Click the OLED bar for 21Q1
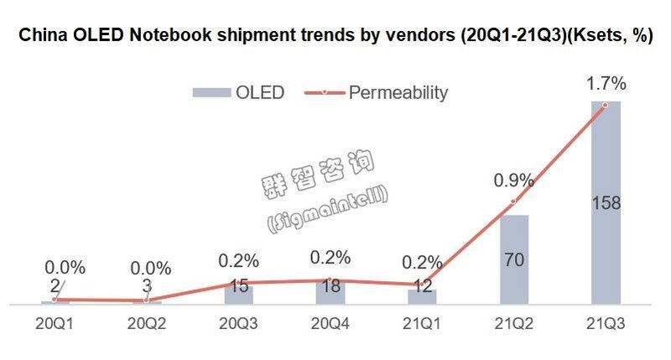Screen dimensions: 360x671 click(x=422, y=298)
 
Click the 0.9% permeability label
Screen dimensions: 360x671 click(x=513, y=180)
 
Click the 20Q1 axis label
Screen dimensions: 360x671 click(x=54, y=322)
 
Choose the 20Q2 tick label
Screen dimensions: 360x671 click(x=146, y=322)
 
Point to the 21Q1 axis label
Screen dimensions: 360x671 click(x=422, y=322)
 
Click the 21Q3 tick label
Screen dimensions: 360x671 click(x=606, y=322)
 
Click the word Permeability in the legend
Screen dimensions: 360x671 click(x=398, y=91)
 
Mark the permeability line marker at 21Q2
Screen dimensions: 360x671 click(x=514, y=202)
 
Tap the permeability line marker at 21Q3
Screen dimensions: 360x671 click(x=606, y=105)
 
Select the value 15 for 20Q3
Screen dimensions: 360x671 click(x=238, y=285)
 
